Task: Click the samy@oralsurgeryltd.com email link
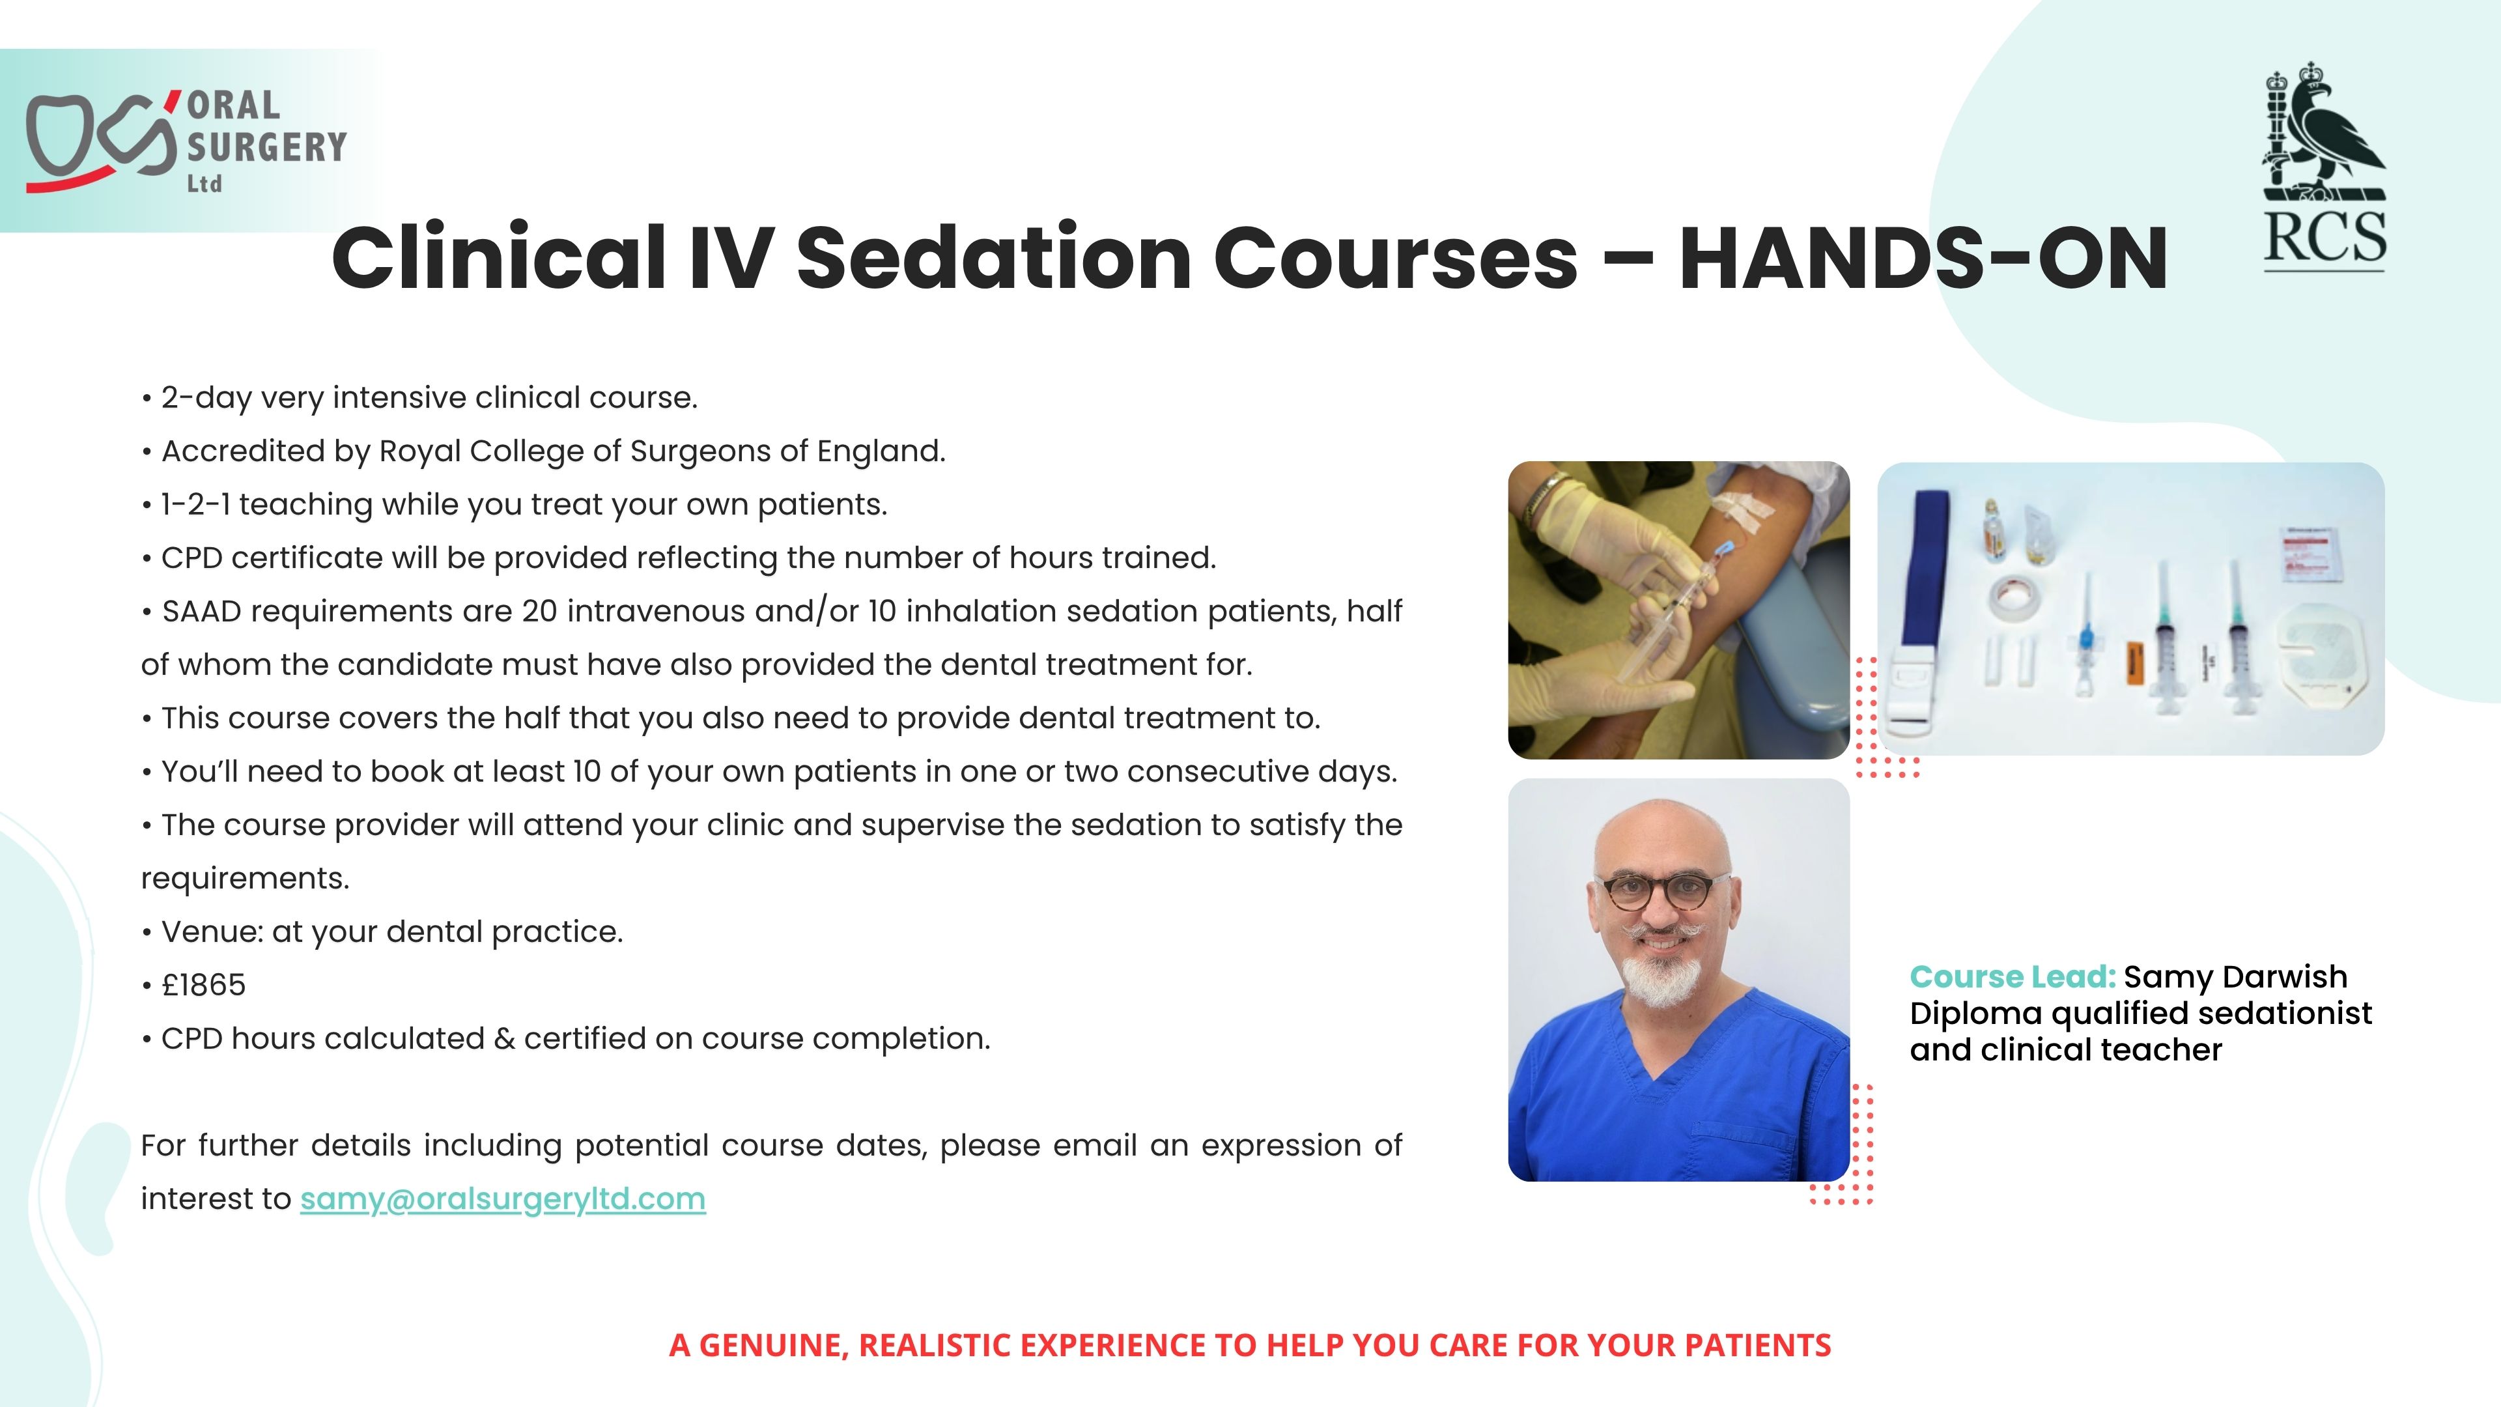(x=503, y=1199)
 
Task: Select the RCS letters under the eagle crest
(x=2324, y=237)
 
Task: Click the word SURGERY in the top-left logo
(x=266, y=148)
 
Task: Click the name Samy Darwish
(x=2235, y=977)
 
